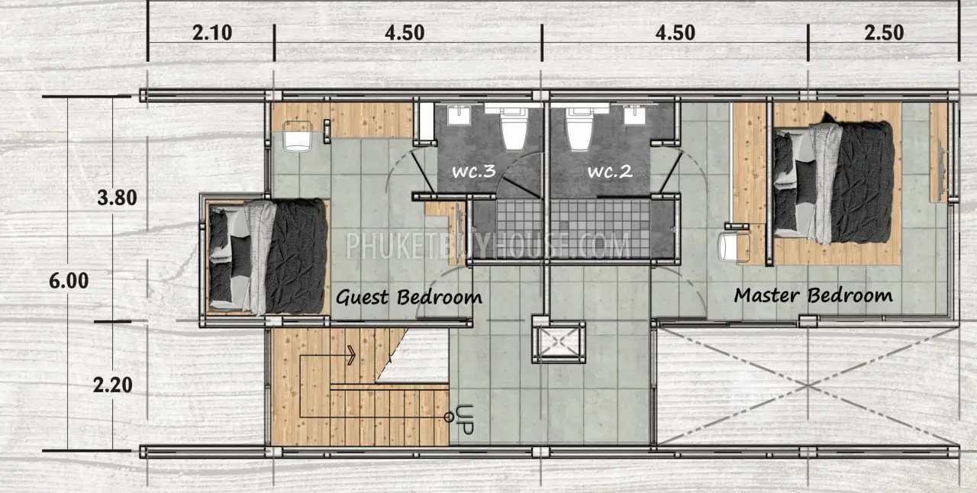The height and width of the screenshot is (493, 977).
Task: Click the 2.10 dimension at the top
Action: click(x=212, y=33)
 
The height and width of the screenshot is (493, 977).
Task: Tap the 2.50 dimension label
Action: click(x=884, y=33)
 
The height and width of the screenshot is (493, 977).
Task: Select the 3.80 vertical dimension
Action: click(x=117, y=198)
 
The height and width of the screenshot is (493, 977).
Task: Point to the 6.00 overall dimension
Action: click(x=69, y=281)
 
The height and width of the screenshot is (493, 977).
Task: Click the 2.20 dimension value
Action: click(x=112, y=385)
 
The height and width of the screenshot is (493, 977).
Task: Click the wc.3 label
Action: click(x=474, y=171)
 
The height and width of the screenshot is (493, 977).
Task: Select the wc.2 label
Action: click(x=610, y=171)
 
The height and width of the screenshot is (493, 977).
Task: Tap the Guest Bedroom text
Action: click(x=408, y=298)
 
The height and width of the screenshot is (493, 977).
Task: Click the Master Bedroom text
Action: click(x=813, y=295)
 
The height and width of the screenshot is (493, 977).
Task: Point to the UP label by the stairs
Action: click(x=465, y=420)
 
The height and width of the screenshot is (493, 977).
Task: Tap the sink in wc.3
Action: click(x=459, y=115)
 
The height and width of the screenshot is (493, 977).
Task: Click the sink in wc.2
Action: click(x=634, y=115)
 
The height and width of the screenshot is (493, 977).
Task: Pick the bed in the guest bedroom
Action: click(x=267, y=256)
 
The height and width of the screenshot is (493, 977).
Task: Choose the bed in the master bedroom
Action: click(x=833, y=182)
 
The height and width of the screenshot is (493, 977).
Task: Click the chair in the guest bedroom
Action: click(x=298, y=136)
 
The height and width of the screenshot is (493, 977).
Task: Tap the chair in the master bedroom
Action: click(x=734, y=248)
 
